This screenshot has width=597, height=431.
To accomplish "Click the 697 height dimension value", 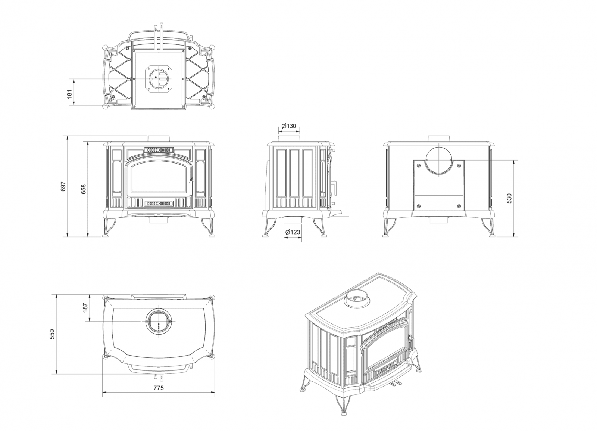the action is [63, 186].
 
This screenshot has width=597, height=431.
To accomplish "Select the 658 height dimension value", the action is [84, 189].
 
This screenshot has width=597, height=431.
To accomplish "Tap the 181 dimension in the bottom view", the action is [69, 94].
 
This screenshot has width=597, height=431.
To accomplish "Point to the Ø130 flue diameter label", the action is [289, 126].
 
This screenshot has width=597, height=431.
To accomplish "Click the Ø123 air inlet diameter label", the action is [293, 232].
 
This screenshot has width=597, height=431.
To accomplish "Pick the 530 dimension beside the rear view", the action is [509, 198].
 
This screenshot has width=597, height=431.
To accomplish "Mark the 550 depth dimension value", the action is [52, 334].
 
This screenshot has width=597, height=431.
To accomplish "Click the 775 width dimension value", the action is [159, 388].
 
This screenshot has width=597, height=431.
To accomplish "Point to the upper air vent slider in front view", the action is [159, 150].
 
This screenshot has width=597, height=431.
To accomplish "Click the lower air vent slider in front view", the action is [159, 204].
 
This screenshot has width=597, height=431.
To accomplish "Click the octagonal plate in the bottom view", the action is [159, 79].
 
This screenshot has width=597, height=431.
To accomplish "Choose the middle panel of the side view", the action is [294, 173].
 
